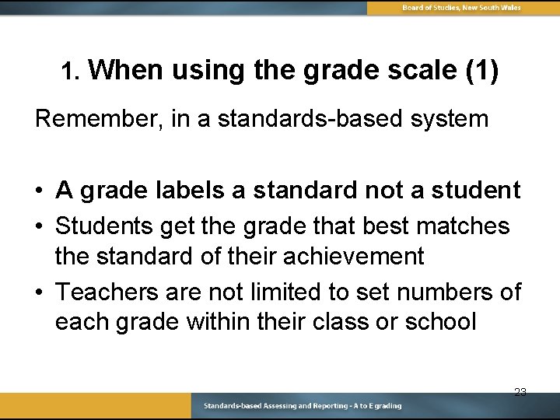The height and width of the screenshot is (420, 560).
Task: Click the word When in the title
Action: (x=127, y=72)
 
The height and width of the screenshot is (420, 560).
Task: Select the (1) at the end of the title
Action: (x=481, y=72)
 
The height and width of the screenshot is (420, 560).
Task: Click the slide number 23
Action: (x=520, y=392)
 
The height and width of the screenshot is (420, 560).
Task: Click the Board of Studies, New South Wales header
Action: (x=461, y=8)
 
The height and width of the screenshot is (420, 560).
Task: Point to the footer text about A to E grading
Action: (x=303, y=406)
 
